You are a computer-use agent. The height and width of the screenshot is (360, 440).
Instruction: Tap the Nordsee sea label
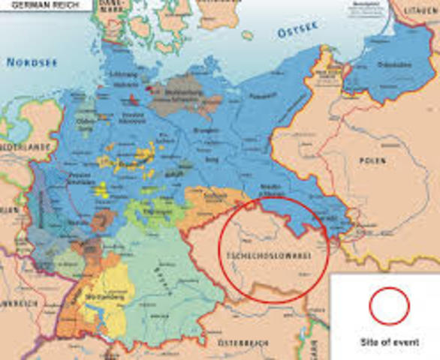tap(32, 63)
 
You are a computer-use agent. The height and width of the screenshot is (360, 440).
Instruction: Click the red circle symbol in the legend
tap(389, 306)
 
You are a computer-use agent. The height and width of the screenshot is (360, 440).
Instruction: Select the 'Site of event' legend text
tap(389, 342)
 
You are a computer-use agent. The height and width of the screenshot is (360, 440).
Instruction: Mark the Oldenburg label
tap(85, 126)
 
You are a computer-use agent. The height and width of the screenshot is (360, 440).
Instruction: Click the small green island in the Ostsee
tap(247, 34)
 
